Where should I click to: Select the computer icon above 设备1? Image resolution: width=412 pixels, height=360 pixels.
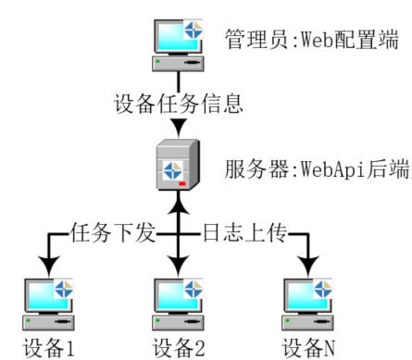pyautogui.click(x=47, y=302)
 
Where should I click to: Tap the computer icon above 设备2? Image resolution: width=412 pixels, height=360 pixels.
pyautogui.click(x=177, y=302)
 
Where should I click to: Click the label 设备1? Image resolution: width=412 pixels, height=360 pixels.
pyautogui.click(x=48, y=349)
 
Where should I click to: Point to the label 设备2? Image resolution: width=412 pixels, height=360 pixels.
pyautogui.click(x=178, y=349)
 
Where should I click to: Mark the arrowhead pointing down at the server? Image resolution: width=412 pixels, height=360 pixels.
pyautogui.click(x=177, y=125)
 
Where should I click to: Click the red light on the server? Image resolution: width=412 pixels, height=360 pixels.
pyautogui.click(x=183, y=184)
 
